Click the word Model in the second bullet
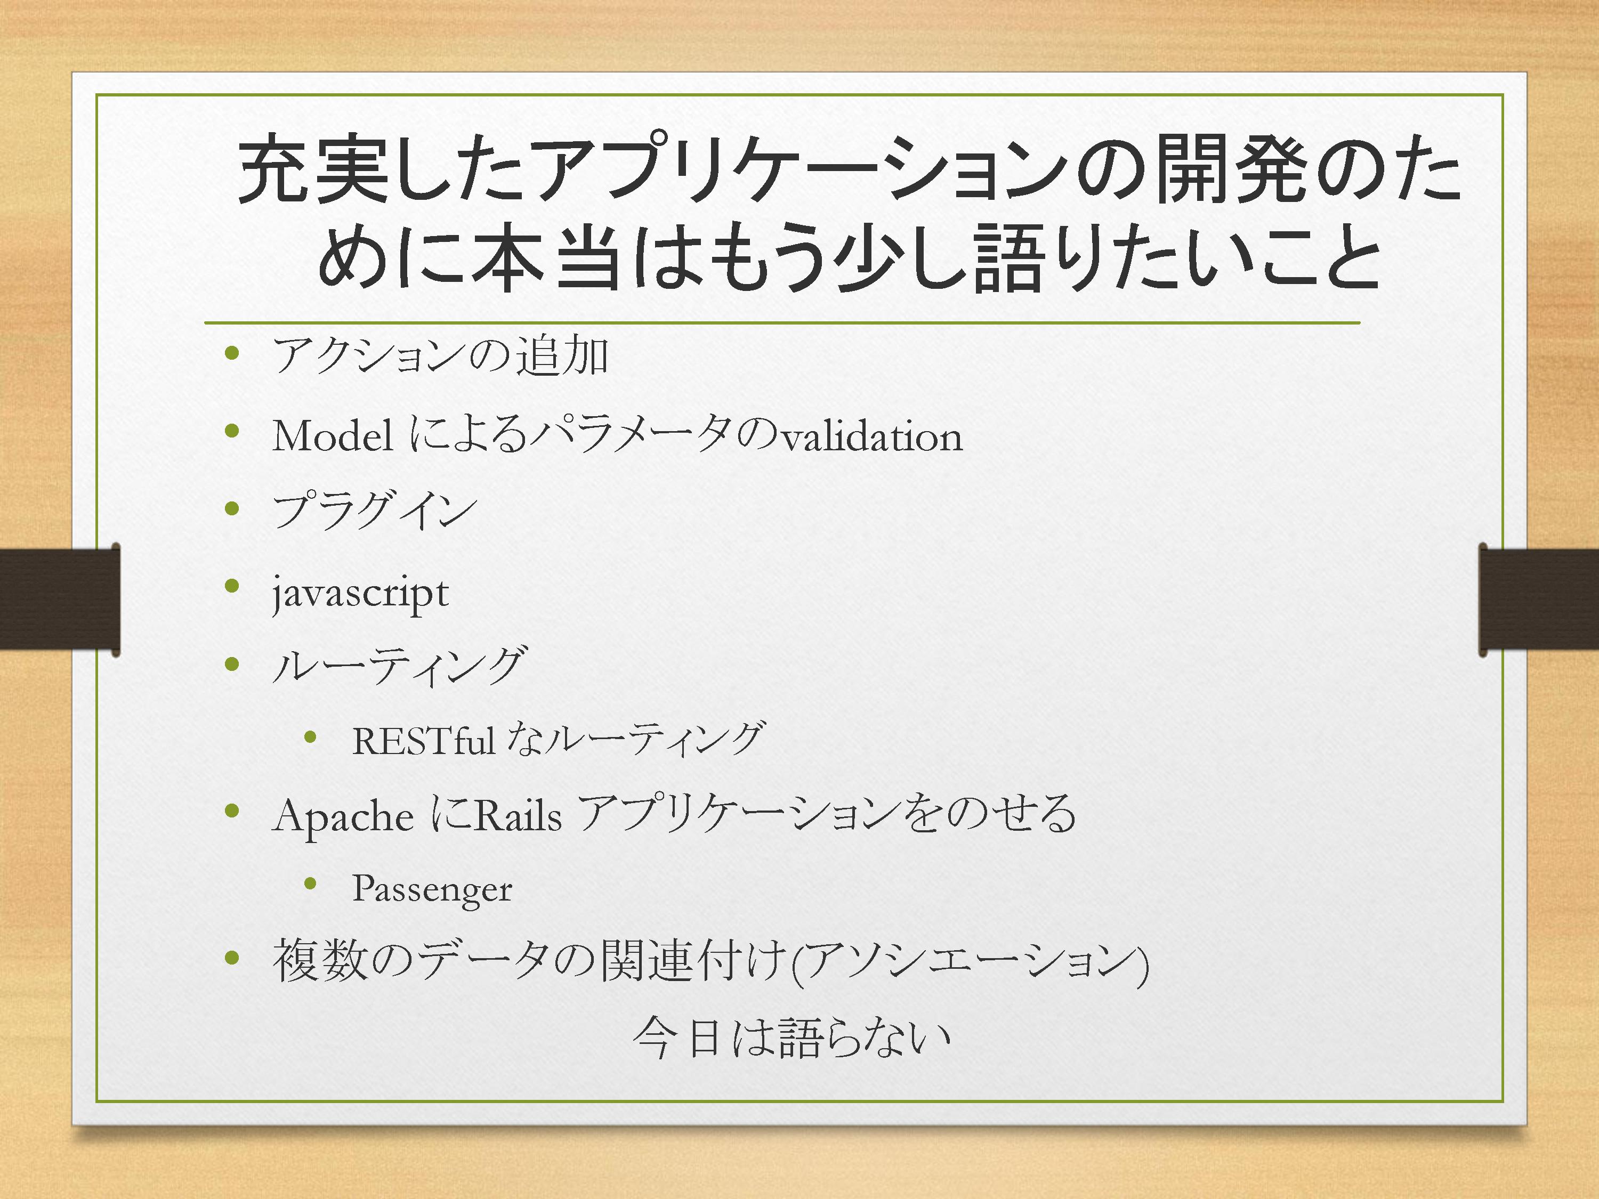(x=333, y=436)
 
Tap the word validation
(x=873, y=436)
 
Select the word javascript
(x=360, y=595)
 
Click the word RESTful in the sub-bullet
(x=423, y=740)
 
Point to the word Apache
(x=343, y=817)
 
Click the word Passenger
(x=432, y=889)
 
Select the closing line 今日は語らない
(x=792, y=1038)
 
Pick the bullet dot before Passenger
(x=311, y=882)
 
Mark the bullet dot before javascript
(x=232, y=586)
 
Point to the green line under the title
(x=782, y=322)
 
